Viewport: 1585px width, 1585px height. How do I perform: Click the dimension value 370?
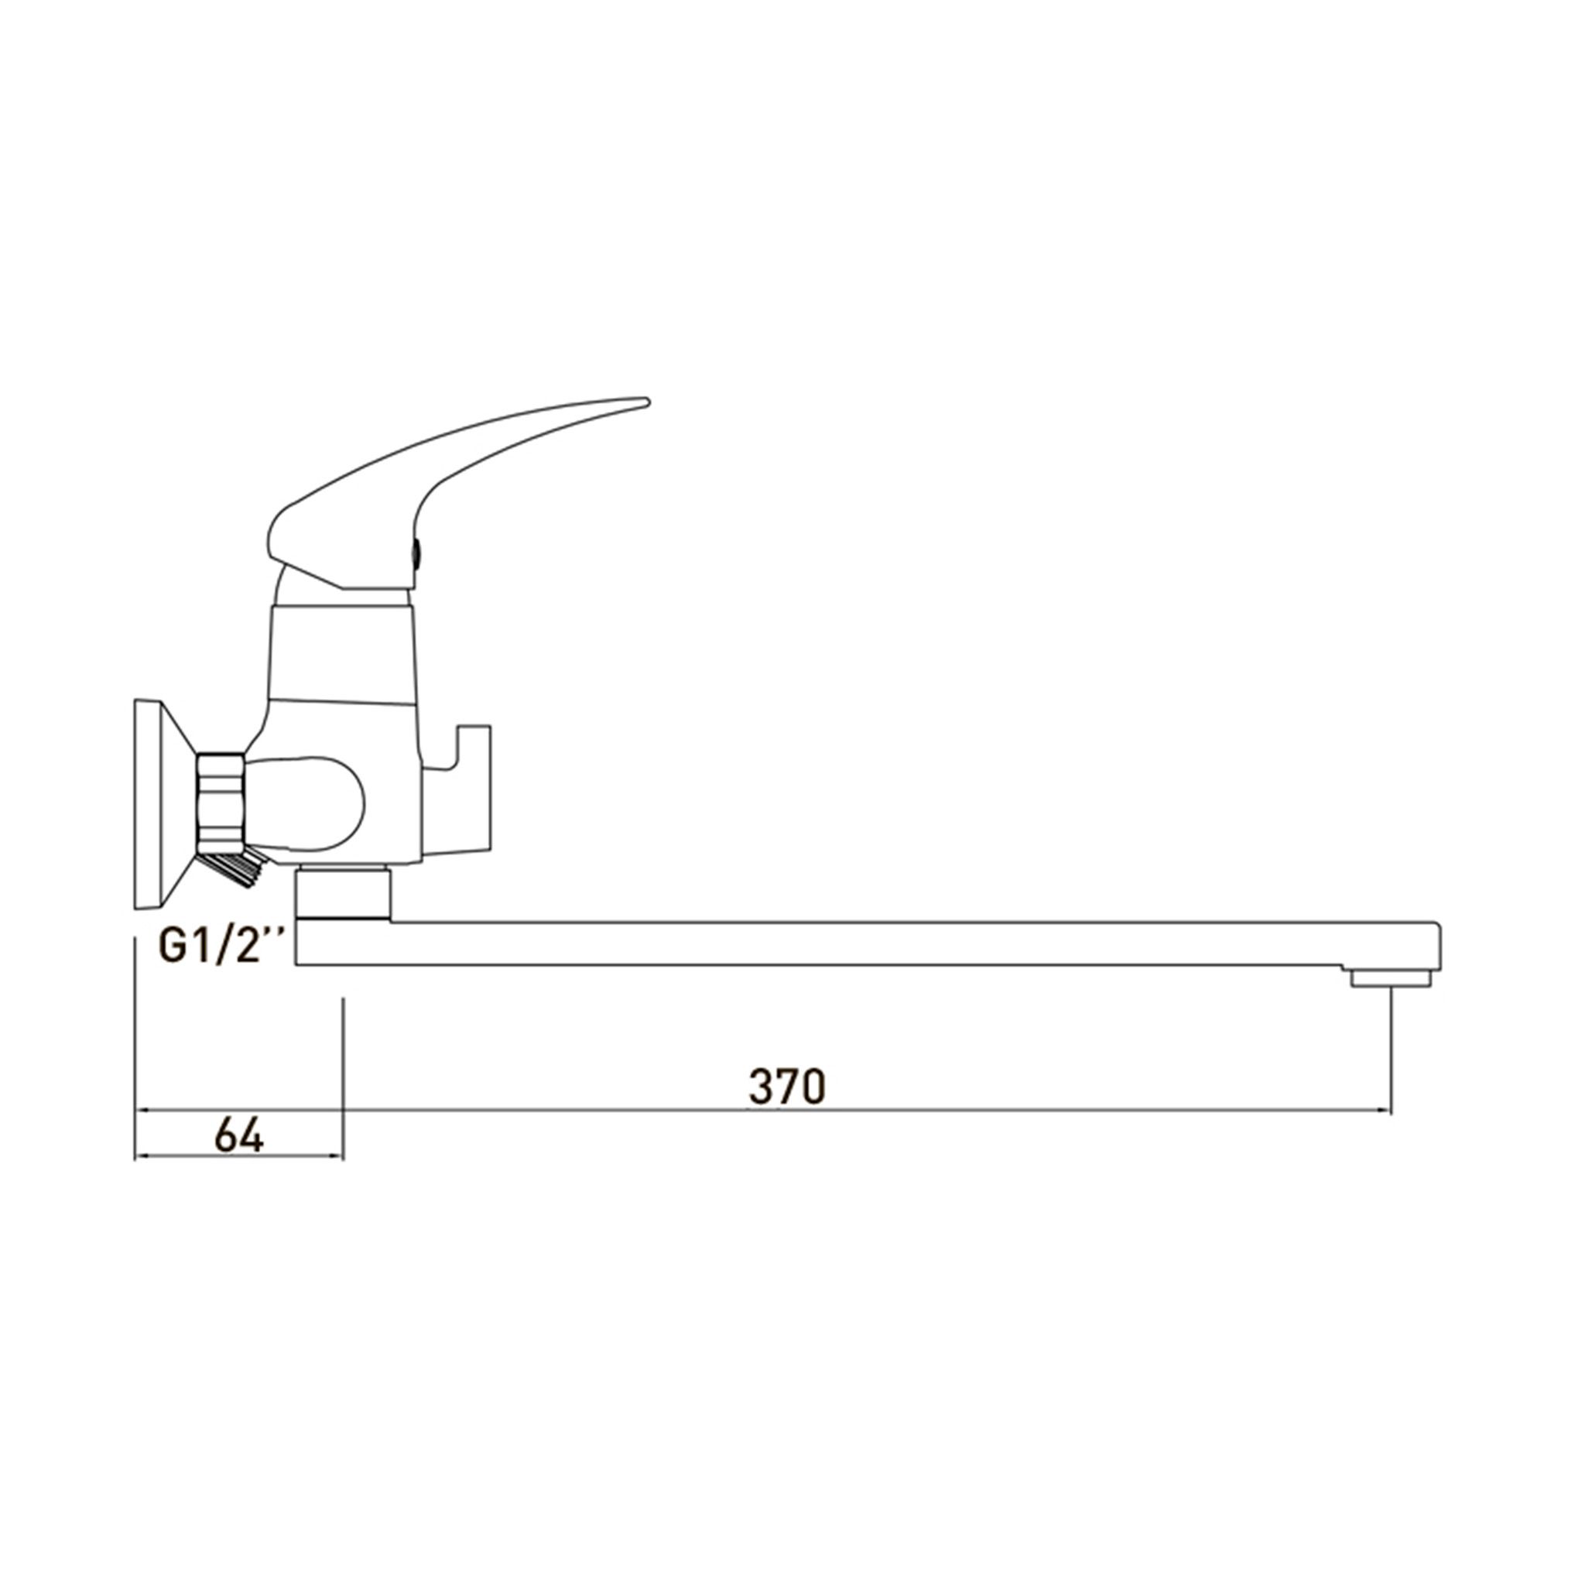pos(787,1087)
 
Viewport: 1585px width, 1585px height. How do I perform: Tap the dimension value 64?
pos(238,1135)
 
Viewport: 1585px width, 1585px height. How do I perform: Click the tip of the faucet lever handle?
pos(647,401)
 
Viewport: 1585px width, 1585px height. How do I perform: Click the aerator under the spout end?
pos(1390,977)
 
